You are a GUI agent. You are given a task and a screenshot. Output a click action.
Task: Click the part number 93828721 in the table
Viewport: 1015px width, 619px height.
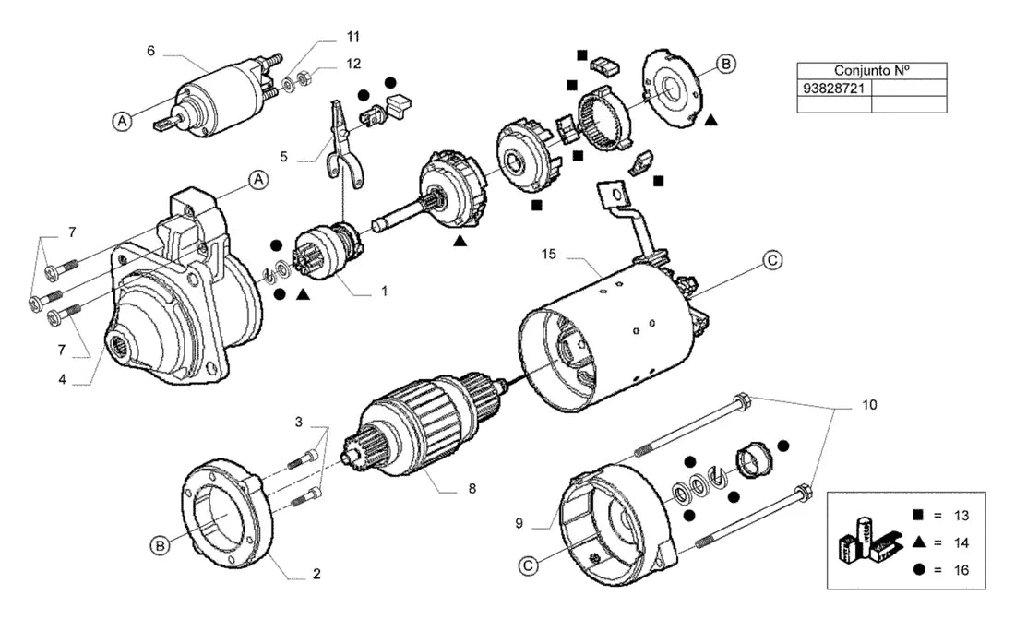point(834,88)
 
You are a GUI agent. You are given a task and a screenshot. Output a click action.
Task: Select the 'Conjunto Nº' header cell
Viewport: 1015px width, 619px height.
point(872,71)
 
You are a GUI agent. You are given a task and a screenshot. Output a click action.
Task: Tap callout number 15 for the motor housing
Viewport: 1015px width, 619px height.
point(548,255)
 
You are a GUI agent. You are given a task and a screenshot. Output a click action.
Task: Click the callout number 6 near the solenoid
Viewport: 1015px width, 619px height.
point(150,51)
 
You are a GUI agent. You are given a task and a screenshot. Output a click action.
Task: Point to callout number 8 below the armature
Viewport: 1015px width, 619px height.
point(472,488)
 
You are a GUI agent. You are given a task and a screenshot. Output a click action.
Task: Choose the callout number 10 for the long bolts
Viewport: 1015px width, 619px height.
point(869,405)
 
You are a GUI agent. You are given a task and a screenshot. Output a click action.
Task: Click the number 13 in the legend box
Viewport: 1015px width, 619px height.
point(961,516)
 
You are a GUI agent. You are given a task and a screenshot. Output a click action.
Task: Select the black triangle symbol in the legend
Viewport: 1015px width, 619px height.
point(918,542)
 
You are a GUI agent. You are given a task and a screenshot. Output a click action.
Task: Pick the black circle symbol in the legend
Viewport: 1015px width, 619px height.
point(918,569)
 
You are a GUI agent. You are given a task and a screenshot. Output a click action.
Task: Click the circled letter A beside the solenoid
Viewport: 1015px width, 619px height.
point(123,121)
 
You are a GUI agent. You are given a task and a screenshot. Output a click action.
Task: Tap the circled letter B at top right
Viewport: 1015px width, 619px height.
point(725,64)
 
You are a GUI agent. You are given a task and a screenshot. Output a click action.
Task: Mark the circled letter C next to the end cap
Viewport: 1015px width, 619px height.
point(529,565)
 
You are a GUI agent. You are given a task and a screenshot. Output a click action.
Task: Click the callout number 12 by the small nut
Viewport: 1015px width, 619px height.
point(352,64)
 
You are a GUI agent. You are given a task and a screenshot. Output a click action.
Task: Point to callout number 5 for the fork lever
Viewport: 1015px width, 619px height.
point(283,157)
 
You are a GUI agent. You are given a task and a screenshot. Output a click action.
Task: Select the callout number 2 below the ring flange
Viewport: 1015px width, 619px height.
point(316,574)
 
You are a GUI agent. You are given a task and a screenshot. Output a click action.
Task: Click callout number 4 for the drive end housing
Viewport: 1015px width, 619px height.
point(62,379)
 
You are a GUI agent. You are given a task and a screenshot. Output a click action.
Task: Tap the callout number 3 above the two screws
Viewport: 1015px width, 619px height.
point(298,423)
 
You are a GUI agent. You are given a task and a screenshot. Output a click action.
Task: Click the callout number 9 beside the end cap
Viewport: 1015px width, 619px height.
point(519,523)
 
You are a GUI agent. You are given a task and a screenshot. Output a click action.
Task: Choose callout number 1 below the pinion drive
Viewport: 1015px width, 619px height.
point(384,292)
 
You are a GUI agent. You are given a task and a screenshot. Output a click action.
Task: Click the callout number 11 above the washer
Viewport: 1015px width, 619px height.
point(352,36)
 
